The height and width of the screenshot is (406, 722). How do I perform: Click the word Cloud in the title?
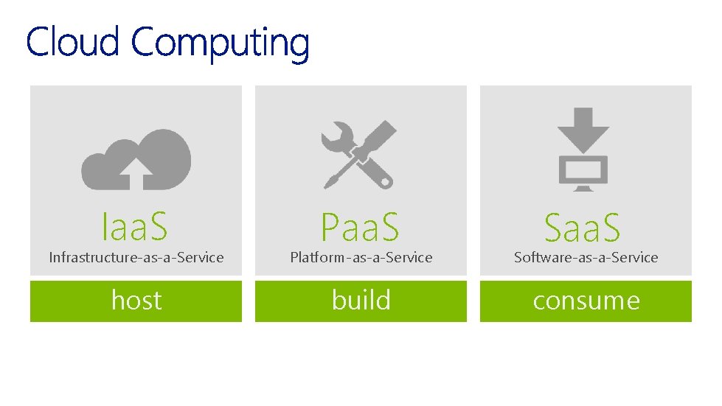pos(72,42)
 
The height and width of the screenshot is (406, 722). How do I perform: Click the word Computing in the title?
pos(220,43)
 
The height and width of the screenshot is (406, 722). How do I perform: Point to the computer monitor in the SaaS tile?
pos(583,172)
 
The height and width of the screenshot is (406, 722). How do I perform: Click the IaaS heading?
pos(135,226)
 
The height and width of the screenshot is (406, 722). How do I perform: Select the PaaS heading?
pos(360,227)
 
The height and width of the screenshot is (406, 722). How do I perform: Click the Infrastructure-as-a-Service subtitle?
pos(136,257)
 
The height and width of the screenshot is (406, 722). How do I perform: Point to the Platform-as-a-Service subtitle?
pos(361,257)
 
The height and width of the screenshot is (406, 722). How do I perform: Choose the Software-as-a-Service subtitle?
pos(586,257)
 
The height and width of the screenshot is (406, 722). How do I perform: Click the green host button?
pos(136,301)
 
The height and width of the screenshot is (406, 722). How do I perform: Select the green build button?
pos(361,301)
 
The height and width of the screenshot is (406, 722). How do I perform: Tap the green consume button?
pos(586,301)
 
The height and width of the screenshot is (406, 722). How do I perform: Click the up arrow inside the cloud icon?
pos(136,174)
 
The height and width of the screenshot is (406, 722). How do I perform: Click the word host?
pos(136,301)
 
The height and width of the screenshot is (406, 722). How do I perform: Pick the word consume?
pos(586,301)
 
